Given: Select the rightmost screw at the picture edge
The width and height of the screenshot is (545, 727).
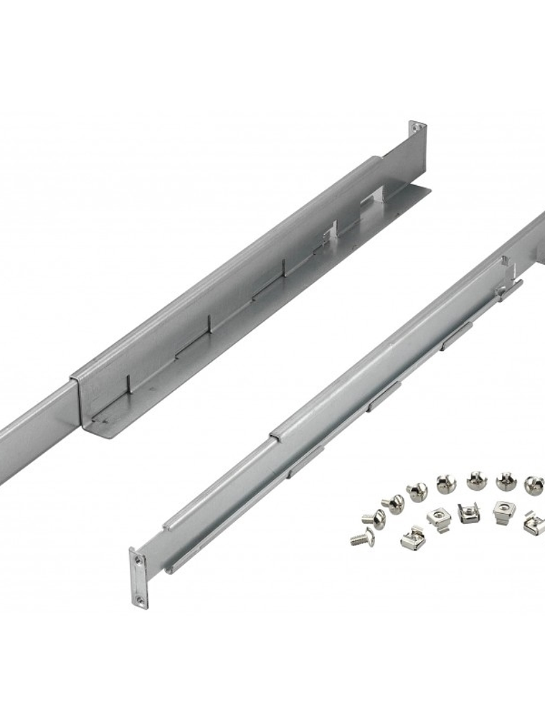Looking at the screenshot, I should (x=534, y=484).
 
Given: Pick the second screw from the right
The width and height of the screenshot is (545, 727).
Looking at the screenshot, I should (x=507, y=482).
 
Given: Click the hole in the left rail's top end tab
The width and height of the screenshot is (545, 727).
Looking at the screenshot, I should (x=414, y=129).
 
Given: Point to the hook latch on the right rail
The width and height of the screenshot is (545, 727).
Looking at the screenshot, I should (x=508, y=289).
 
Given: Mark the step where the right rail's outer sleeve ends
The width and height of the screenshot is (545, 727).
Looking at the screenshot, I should (x=273, y=434).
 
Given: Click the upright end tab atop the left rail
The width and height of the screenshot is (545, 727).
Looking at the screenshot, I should (x=417, y=136).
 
